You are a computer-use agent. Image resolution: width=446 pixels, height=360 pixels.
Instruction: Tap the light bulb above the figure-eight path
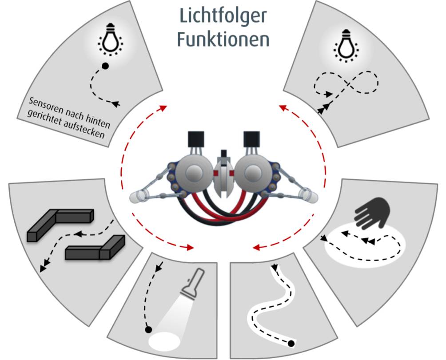click(x=346, y=45)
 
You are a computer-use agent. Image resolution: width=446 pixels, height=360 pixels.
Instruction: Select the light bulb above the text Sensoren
click(x=111, y=39)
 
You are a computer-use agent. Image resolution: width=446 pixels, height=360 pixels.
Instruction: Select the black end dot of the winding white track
click(x=291, y=344)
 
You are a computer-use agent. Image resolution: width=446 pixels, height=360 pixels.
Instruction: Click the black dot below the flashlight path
click(x=148, y=330)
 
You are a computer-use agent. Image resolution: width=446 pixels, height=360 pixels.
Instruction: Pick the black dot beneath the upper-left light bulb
click(x=105, y=66)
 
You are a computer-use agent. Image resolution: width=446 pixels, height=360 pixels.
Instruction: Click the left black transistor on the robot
click(x=196, y=139)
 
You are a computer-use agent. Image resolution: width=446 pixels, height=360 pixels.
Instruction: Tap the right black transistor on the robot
click(x=251, y=139)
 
